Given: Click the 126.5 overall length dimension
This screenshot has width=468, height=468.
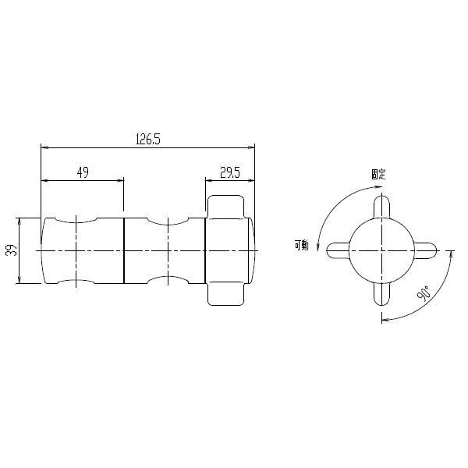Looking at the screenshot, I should point(147,139).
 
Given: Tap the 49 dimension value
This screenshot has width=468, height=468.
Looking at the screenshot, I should point(82,172).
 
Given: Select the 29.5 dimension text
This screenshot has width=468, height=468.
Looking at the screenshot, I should point(229,172).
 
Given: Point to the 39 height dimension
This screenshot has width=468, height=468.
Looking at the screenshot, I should point(12,250).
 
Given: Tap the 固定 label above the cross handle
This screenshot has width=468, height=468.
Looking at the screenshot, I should point(378,174).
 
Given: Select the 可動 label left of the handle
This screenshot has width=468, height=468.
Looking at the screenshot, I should point(303,245).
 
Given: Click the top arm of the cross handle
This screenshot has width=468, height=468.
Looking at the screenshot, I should point(381,207).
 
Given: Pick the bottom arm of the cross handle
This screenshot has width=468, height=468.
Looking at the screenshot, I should point(381,293).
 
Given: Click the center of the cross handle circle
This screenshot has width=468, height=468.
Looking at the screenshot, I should point(381,250).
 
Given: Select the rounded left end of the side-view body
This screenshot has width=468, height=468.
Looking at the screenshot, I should point(45,250).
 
